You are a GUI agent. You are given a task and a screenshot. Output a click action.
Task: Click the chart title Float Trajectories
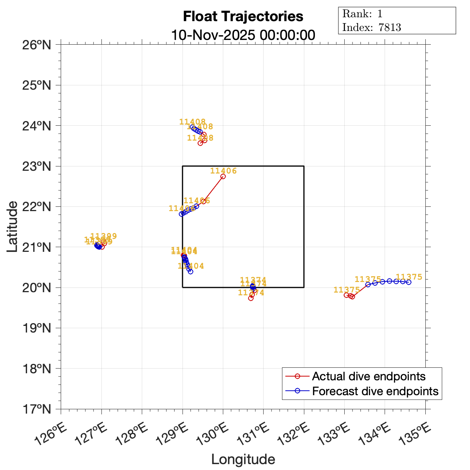click(x=243, y=16)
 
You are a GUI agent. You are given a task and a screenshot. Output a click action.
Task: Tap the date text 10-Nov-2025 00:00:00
click(x=243, y=35)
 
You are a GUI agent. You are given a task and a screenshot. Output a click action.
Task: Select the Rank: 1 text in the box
click(x=362, y=14)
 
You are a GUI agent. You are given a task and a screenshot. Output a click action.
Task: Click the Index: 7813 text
click(x=371, y=27)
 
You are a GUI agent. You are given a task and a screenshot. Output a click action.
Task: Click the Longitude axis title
click(x=243, y=459)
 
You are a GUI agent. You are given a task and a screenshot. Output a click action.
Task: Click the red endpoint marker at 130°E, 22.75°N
click(x=223, y=176)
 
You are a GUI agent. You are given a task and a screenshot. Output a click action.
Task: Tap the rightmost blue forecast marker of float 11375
click(x=409, y=282)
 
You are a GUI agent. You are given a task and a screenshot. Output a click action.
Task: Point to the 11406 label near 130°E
click(x=223, y=171)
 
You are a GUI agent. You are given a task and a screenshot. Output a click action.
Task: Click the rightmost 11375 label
click(x=409, y=277)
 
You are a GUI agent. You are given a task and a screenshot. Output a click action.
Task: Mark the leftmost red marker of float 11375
click(x=346, y=295)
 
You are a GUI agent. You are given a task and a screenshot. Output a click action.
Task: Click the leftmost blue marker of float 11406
click(x=181, y=214)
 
